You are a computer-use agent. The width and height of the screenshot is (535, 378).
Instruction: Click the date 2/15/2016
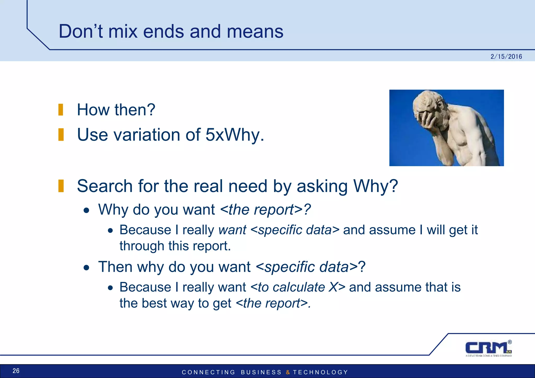point(506,57)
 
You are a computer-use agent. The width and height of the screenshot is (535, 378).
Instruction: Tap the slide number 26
point(16,371)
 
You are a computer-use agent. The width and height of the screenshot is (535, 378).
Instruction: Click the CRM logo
point(488,348)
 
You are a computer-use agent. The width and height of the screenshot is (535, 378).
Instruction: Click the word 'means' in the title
point(255,31)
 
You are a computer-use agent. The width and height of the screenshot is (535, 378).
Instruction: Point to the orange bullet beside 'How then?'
point(61,110)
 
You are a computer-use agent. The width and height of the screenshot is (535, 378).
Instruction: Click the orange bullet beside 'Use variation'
point(61,135)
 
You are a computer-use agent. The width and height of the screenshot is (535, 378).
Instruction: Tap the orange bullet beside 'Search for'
point(61,186)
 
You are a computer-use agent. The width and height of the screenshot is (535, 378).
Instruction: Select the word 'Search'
point(105,186)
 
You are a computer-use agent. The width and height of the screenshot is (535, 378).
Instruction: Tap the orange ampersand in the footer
point(288,372)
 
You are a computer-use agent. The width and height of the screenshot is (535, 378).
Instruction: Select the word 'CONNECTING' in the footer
point(208,372)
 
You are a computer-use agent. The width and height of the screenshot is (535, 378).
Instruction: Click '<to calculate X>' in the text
point(298,287)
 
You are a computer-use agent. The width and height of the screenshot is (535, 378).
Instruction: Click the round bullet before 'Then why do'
point(86,268)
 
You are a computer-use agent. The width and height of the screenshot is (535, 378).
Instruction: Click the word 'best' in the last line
point(154,303)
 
